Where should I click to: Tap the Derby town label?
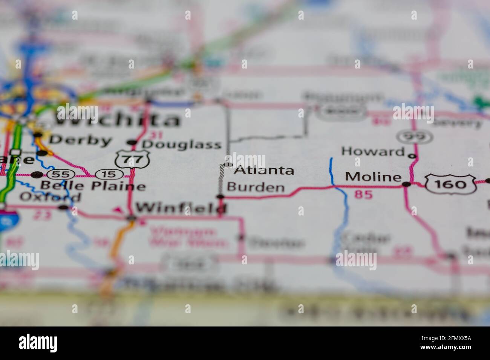[x=81, y=140]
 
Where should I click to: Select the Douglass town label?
[x=181, y=144]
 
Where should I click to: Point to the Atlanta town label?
[x=264, y=170]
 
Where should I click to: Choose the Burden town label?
[x=256, y=187]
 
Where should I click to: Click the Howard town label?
[x=372, y=151]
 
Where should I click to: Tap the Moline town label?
[x=373, y=177]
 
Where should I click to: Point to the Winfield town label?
[x=181, y=207]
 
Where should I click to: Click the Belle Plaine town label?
[x=93, y=186]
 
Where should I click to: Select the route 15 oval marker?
[x=109, y=174]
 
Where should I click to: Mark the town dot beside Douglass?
[x=132, y=142]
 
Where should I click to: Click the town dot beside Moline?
[x=406, y=184]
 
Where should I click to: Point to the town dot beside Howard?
[x=413, y=156]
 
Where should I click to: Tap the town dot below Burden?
[x=220, y=196]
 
